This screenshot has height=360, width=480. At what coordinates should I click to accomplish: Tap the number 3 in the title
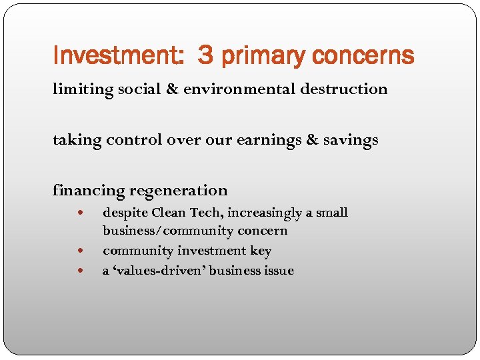pos(205,55)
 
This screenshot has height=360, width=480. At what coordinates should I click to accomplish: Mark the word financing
pos(89,191)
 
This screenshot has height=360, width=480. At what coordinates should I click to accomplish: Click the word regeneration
pos(179,191)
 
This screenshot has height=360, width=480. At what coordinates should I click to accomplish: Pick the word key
pos(261,251)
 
